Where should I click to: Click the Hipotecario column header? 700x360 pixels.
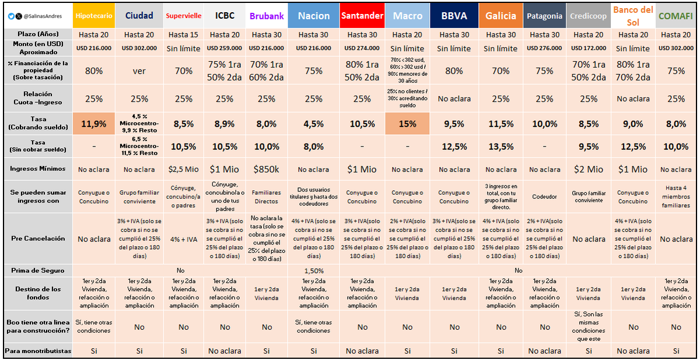(94, 16)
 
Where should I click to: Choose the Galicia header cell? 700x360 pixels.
(501, 16)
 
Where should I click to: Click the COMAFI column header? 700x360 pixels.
(675, 16)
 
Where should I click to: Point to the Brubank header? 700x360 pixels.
(267, 16)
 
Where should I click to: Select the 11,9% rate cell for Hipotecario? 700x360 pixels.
(94, 124)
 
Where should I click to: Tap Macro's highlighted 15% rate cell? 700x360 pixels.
(407, 124)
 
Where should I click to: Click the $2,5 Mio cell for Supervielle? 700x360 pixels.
(183, 169)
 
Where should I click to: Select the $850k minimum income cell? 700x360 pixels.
(267, 169)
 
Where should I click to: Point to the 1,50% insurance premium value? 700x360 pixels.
(314, 271)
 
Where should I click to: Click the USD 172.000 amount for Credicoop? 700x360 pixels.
(589, 48)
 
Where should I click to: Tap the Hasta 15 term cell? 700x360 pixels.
(183, 35)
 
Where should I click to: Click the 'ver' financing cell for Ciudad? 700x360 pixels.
(139, 71)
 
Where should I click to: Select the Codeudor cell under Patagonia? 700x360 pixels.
(545, 197)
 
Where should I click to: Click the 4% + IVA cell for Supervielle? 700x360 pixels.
(183, 239)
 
